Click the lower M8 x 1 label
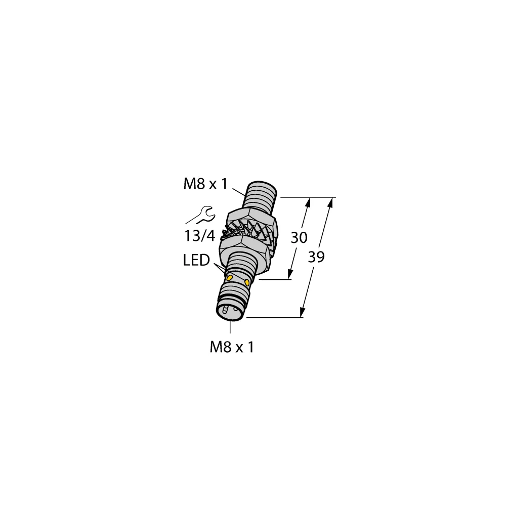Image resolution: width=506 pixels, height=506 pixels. [231, 347]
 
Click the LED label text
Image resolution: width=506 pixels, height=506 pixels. [196, 261]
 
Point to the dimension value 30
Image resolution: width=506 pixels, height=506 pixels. [299, 238]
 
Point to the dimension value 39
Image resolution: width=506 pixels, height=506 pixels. [316, 257]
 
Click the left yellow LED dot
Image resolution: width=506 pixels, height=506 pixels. [229, 278]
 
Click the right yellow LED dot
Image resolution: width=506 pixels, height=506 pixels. [247, 282]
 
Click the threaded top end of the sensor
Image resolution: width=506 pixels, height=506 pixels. [261, 195]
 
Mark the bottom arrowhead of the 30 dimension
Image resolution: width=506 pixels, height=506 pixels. [291, 275]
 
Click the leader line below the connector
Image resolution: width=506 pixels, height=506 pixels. [231, 328]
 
